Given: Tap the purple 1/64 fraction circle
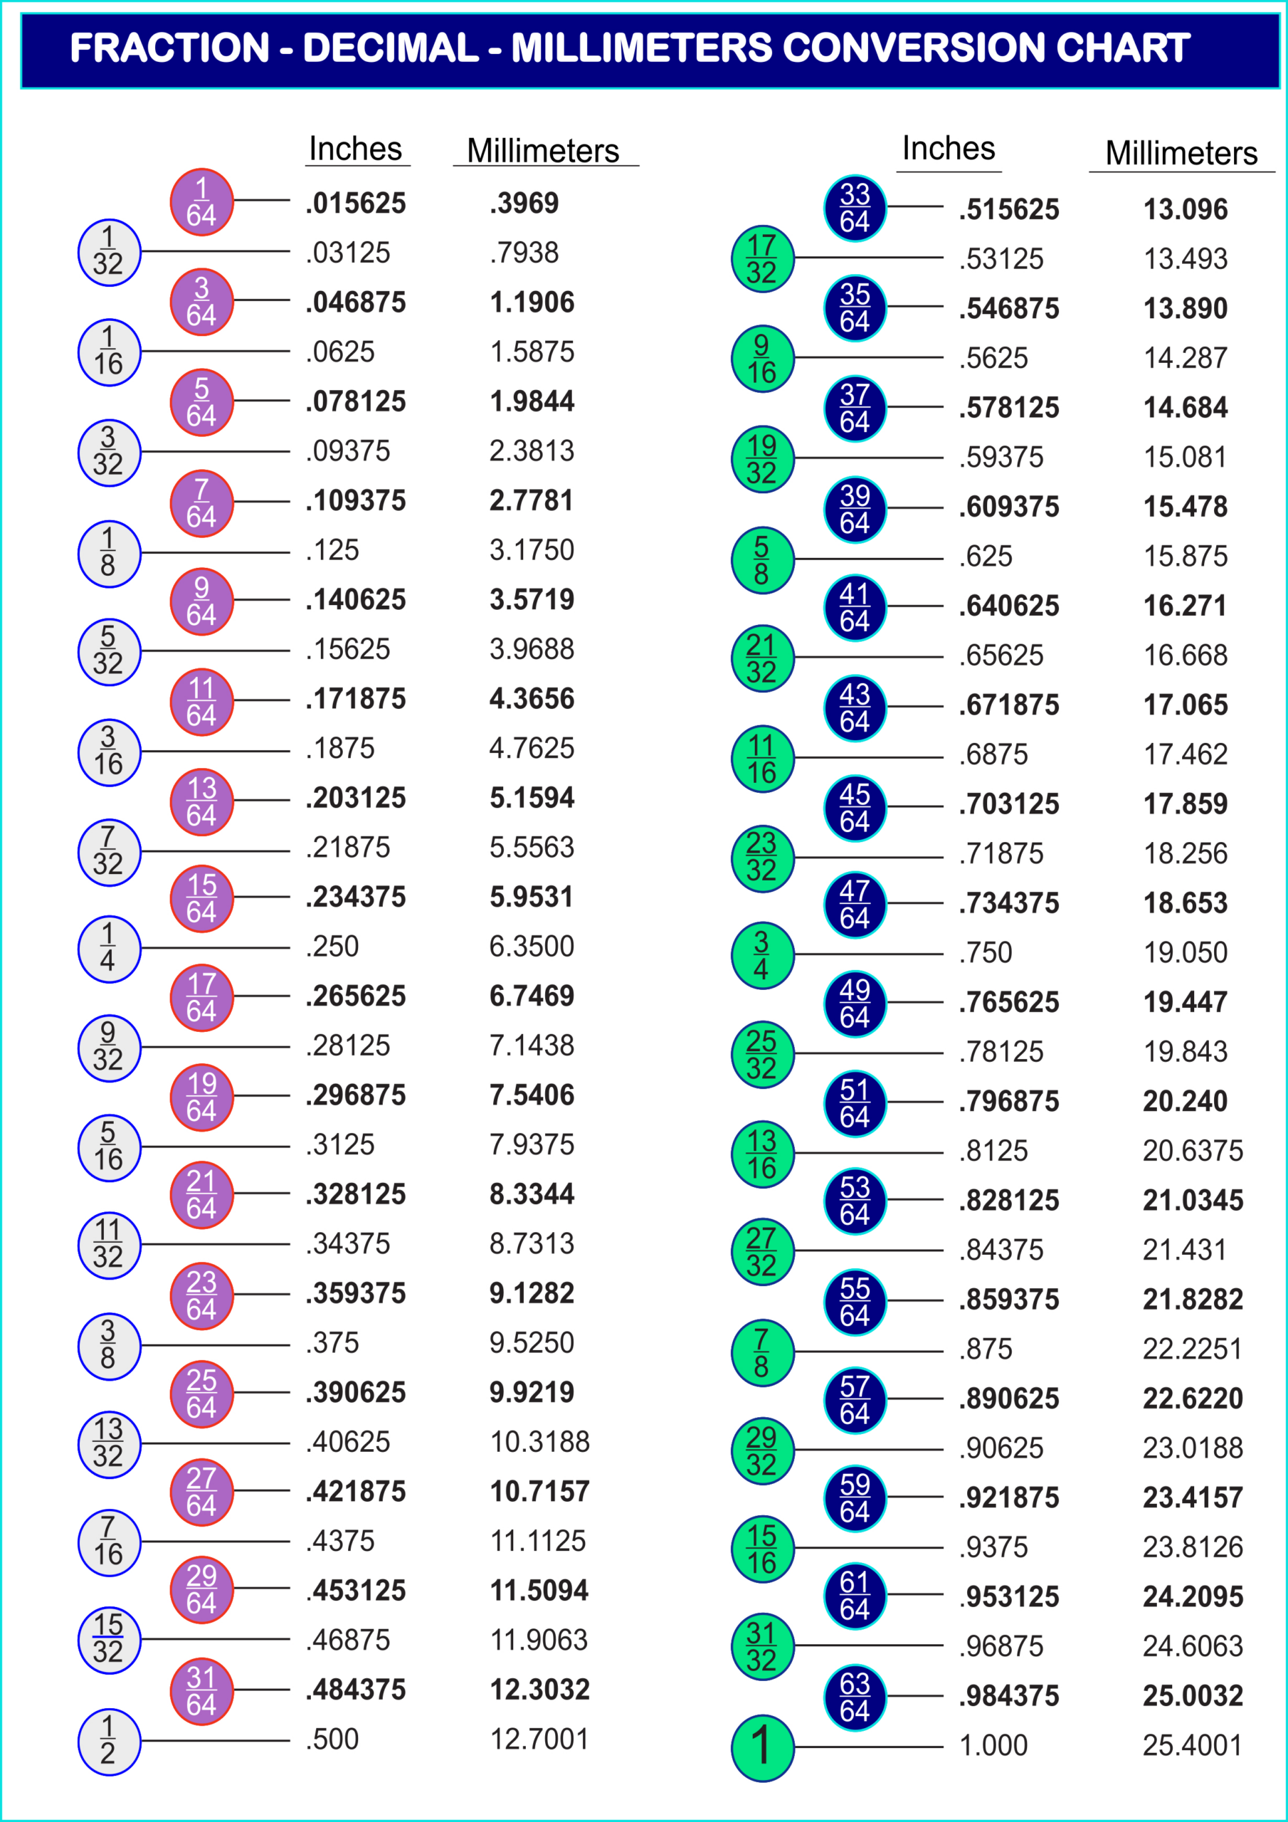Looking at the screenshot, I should [x=201, y=202].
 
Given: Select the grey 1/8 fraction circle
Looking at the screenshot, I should [x=109, y=553].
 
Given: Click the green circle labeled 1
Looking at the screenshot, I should [x=762, y=1747].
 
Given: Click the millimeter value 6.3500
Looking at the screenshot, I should [x=531, y=947].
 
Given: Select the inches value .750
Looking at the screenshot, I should [x=986, y=952].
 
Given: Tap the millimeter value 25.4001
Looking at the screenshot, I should [x=1192, y=1745].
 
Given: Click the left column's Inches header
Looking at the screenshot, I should [x=356, y=149].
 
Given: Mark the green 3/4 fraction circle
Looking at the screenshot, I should [x=762, y=954].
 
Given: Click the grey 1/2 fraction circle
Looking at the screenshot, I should [x=109, y=1742].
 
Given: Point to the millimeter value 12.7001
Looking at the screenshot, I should [x=539, y=1739].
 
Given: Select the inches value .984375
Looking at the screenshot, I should [x=1008, y=1696].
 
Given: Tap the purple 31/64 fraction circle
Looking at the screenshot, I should [x=201, y=1690].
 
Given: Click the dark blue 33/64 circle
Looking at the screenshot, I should [x=855, y=208].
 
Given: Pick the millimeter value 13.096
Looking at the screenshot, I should [x=1185, y=209].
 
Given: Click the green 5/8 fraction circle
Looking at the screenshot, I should [x=762, y=559].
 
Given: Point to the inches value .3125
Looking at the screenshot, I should [x=340, y=1145].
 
